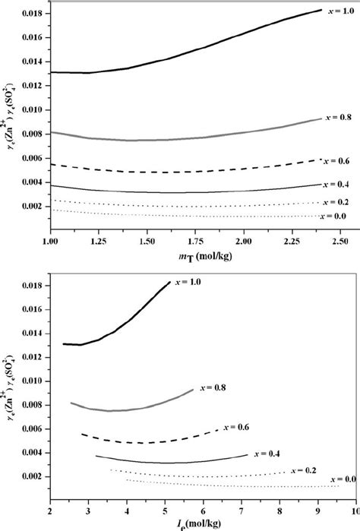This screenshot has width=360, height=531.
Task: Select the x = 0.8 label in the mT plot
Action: [339, 118]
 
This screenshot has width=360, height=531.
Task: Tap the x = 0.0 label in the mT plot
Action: [339, 217]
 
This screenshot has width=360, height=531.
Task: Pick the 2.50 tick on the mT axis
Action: [338, 240]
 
